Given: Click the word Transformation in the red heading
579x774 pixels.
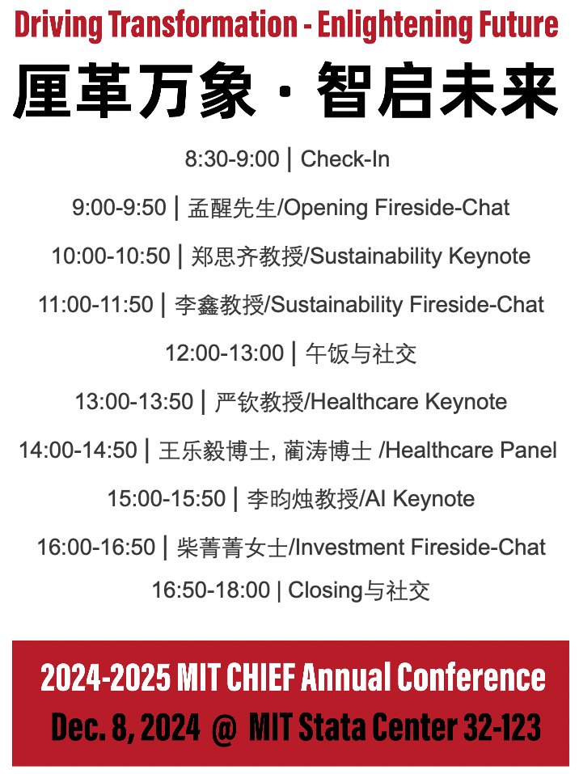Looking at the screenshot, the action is pyautogui.click(x=203, y=25).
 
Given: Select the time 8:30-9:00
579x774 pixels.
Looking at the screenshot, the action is pyautogui.click(x=232, y=159).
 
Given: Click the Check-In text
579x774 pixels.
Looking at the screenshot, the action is pyautogui.click(x=345, y=159).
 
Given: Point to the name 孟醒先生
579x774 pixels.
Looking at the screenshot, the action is pyautogui.click(x=231, y=208).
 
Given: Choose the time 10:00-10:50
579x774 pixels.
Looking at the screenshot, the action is pyautogui.click(x=111, y=256).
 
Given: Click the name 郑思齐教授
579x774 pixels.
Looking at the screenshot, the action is pyautogui.click(x=247, y=256).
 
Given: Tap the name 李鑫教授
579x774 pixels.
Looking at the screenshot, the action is pyautogui.click(x=219, y=305).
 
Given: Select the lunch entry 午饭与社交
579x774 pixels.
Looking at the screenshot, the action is pyautogui.click(x=361, y=353).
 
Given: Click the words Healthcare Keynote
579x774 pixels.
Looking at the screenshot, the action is pyautogui.click(x=409, y=402).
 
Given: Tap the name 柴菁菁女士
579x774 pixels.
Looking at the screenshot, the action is pyautogui.click(x=232, y=548).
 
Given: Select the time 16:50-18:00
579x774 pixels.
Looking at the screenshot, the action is pyautogui.click(x=211, y=590).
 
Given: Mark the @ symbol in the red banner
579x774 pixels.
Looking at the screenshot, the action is pyautogui.click(x=224, y=727).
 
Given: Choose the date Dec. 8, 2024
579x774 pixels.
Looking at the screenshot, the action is pyautogui.click(x=126, y=727).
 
